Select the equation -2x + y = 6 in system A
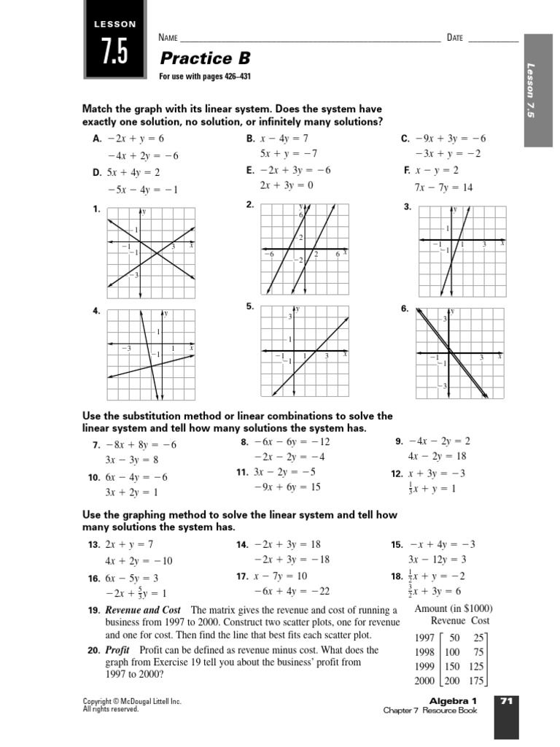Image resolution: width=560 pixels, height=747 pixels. pos(136,138)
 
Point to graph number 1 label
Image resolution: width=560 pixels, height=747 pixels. pos(96,210)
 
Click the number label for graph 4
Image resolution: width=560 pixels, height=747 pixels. pos(96,311)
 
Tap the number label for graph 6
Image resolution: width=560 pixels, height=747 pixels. pos(404,309)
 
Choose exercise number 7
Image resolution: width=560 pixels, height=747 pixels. pos(96,445)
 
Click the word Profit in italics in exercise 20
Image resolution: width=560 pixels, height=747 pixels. pos(117,650)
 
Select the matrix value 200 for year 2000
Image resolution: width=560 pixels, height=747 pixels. pos(452,681)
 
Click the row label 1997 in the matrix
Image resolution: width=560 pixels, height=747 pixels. pos(425,638)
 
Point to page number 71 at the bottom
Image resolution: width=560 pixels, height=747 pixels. pos(507,701)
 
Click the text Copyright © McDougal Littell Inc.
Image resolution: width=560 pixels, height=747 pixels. pos(132,701)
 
